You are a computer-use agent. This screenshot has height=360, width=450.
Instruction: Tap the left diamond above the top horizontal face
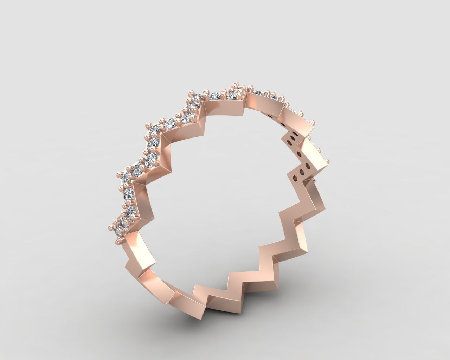[214, 95]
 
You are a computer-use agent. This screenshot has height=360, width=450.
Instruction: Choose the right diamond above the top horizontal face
[231, 96]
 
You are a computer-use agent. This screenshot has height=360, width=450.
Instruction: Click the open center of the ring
[225, 183]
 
